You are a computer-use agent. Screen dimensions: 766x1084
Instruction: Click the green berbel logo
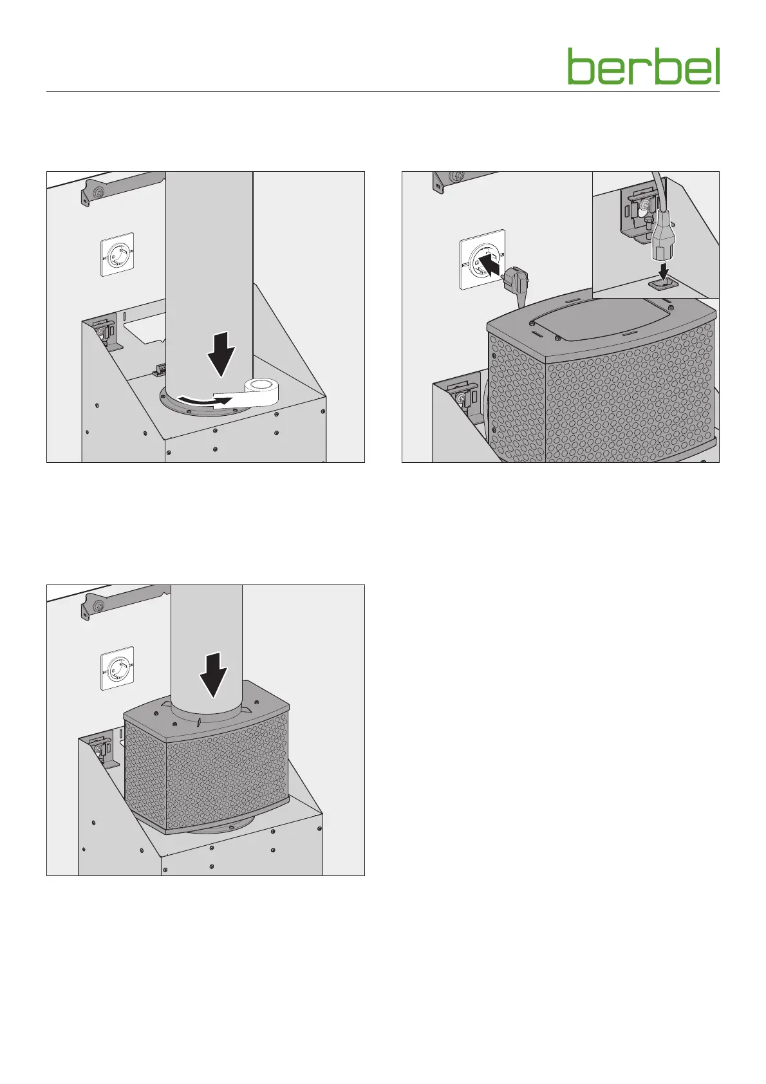click(x=644, y=66)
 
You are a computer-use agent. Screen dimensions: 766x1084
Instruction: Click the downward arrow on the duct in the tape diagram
click(x=221, y=354)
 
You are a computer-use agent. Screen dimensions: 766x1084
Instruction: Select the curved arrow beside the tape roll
click(x=203, y=400)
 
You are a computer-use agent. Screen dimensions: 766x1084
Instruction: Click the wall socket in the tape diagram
click(x=117, y=254)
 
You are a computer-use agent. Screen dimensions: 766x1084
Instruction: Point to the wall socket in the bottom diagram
click(x=117, y=668)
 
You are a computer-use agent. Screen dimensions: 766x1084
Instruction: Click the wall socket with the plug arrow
click(x=482, y=260)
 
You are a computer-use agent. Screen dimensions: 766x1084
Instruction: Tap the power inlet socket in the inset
click(x=661, y=284)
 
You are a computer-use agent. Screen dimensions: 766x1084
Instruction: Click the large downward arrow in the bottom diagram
click(x=214, y=675)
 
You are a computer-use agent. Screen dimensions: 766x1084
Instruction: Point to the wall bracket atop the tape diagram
click(x=121, y=187)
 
